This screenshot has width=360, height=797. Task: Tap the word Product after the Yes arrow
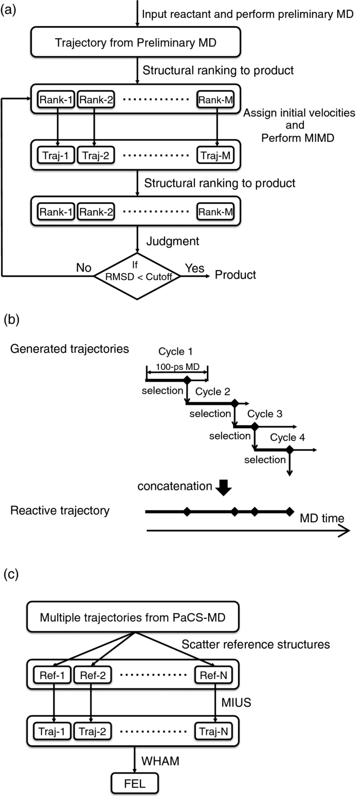[x=235, y=275]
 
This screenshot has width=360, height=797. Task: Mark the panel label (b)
[x=11, y=320]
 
